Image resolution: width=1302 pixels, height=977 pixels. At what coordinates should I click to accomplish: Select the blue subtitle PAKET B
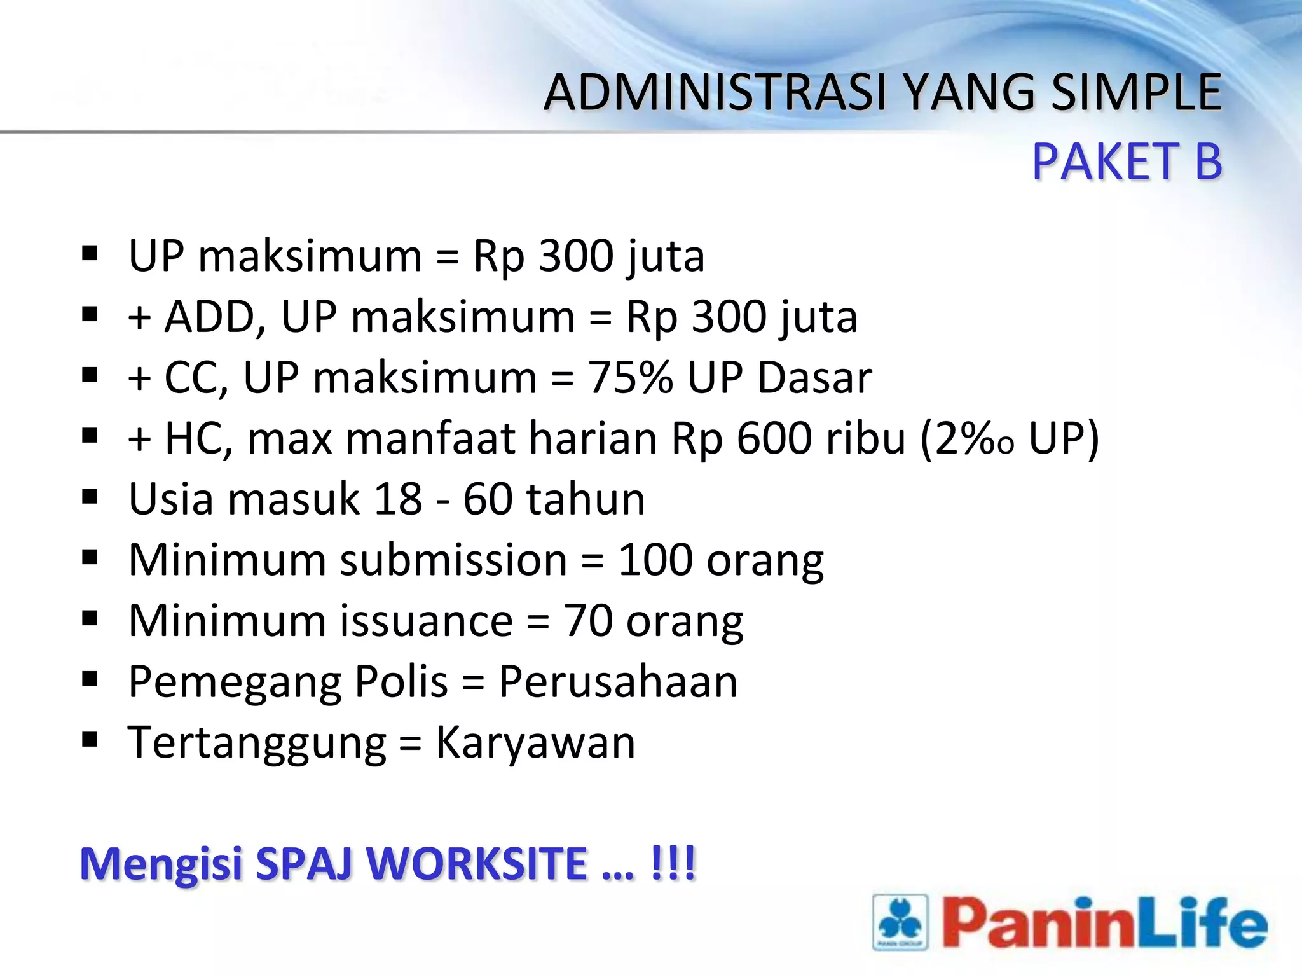point(1127,162)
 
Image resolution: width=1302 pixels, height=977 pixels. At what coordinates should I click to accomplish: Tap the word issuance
point(426,621)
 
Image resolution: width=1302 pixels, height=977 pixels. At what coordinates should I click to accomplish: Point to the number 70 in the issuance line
point(588,621)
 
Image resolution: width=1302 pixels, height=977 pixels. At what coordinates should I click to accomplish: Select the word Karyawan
point(535,743)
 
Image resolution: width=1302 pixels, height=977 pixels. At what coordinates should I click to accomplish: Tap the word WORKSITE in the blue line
point(477,864)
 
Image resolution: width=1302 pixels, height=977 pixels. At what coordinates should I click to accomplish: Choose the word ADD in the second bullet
point(209,317)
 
